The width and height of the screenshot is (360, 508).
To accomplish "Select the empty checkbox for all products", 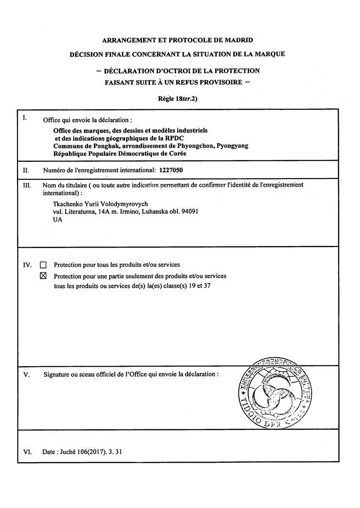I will pyautogui.click(x=43, y=265).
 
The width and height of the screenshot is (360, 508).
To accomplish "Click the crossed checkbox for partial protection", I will pyautogui.click(x=43, y=276).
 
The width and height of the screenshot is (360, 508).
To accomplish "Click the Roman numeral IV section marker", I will pyautogui.click(x=27, y=265).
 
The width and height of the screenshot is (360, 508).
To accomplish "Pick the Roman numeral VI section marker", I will pyautogui.click(x=27, y=452).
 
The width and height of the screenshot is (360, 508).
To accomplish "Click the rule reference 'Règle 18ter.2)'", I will pyautogui.click(x=177, y=99).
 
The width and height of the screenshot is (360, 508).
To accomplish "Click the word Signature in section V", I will pyautogui.click(x=57, y=375).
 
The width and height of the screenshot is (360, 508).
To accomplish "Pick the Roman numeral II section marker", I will pyautogui.click(x=25, y=171).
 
